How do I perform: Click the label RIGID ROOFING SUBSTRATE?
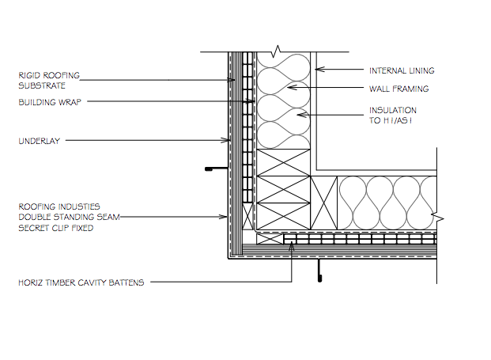coord(49,81)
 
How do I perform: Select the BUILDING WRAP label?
coord(50,102)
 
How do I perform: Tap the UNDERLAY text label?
coord(40,141)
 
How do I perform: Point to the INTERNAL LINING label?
coord(402,70)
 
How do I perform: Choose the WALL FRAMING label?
coord(399,89)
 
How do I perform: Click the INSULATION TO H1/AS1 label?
coord(393,116)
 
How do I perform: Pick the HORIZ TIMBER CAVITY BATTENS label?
coord(81,282)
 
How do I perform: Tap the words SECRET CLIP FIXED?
coord(56,228)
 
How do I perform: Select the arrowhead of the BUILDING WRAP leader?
coord(251,101)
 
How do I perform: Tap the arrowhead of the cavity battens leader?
coord(292,247)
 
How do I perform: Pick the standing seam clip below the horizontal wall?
coord(319,270)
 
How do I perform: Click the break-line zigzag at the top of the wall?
coord(276,51)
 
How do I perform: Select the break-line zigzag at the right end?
coord(437,217)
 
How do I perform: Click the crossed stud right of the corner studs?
coord(324,203)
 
